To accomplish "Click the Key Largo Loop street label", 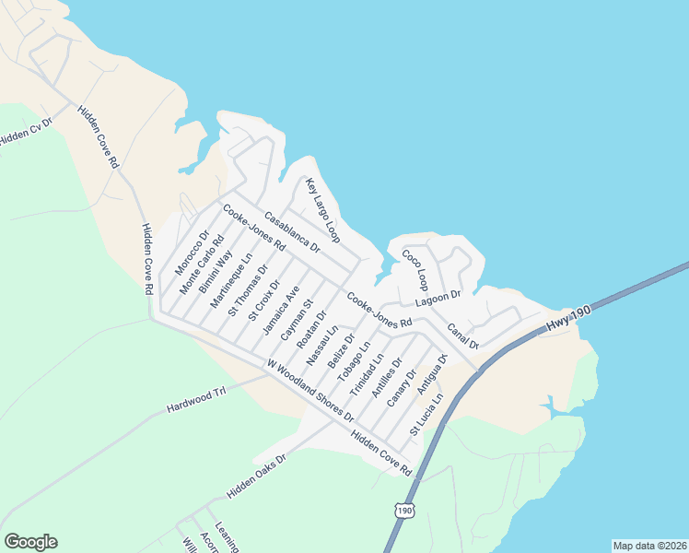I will pyautogui.click(x=322, y=211).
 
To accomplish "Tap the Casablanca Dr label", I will pyautogui.click(x=291, y=233).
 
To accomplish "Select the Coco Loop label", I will pyautogui.click(x=415, y=267).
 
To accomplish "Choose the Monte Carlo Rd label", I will pyautogui.click(x=202, y=265).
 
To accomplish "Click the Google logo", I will pyautogui.click(x=30, y=542).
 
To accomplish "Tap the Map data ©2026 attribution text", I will pyautogui.click(x=648, y=545).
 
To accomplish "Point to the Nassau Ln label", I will pyautogui.click(x=323, y=343).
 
